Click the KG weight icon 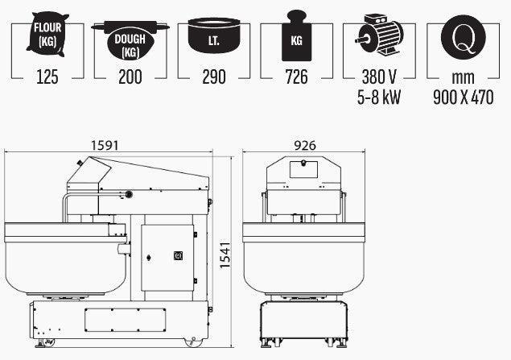click(297, 36)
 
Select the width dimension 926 click(304, 146)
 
